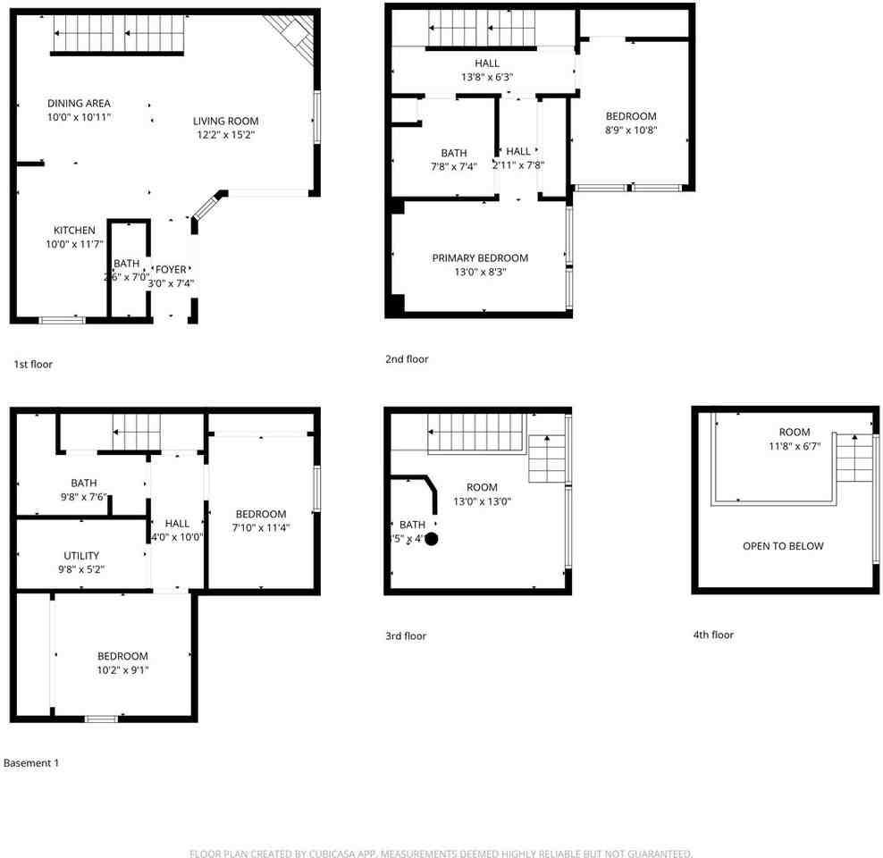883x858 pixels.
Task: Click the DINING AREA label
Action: (x=79, y=104)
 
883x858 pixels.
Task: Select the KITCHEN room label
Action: (x=73, y=231)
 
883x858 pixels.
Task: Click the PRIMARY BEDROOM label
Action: (x=480, y=258)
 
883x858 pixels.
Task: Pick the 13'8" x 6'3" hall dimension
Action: (x=487, y=77)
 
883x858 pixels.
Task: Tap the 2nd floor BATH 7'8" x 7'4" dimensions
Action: (x=453, y=166)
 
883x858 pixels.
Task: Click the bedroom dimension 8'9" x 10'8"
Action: (x=631, y=130)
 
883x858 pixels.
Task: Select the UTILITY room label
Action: (x=81, y=556)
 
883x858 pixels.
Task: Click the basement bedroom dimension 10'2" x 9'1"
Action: (x=122, y=669)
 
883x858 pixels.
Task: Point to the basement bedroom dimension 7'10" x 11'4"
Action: (x=261, y=527)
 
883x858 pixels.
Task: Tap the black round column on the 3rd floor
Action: (x=431, y=539)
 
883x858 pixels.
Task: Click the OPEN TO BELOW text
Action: (x=783, y=546)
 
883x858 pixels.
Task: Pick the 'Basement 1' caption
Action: (x=31, y=763)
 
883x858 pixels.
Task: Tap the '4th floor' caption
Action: (x=712, y=635)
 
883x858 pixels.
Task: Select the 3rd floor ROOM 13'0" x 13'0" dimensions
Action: (x=482, y=500)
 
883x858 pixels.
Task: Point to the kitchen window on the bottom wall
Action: (x=63, y=320)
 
